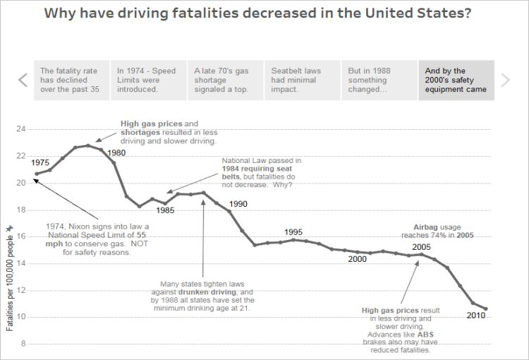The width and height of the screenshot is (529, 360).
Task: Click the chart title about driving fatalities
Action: point(257,14)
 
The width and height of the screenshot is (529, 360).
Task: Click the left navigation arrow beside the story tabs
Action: point(23,80)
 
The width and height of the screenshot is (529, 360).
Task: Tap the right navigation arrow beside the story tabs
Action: point(505,80)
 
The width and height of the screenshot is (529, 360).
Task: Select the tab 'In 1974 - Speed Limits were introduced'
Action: point(147,80)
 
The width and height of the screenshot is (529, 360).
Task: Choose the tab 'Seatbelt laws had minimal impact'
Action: point(303,80)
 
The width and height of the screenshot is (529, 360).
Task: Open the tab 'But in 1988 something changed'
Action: point(379,80)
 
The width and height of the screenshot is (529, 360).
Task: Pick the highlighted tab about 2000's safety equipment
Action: point(456,80)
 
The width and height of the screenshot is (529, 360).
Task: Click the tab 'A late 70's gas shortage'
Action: point(225,80)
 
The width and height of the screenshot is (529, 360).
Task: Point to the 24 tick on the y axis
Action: point(20,129)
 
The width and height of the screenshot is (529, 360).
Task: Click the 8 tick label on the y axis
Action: point(23,344)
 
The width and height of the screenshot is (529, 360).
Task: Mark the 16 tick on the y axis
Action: point(20,236)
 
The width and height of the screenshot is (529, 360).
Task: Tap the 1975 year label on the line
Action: point(40,162)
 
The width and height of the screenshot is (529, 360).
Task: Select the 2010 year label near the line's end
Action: point(476,316)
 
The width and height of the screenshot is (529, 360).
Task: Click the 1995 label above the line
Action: point(293,232)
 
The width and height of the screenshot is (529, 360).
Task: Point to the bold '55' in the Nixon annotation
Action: point(141,234)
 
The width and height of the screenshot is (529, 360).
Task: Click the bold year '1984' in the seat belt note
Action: point(232,169)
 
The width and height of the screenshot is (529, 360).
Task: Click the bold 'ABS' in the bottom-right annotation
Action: point(426,335)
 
